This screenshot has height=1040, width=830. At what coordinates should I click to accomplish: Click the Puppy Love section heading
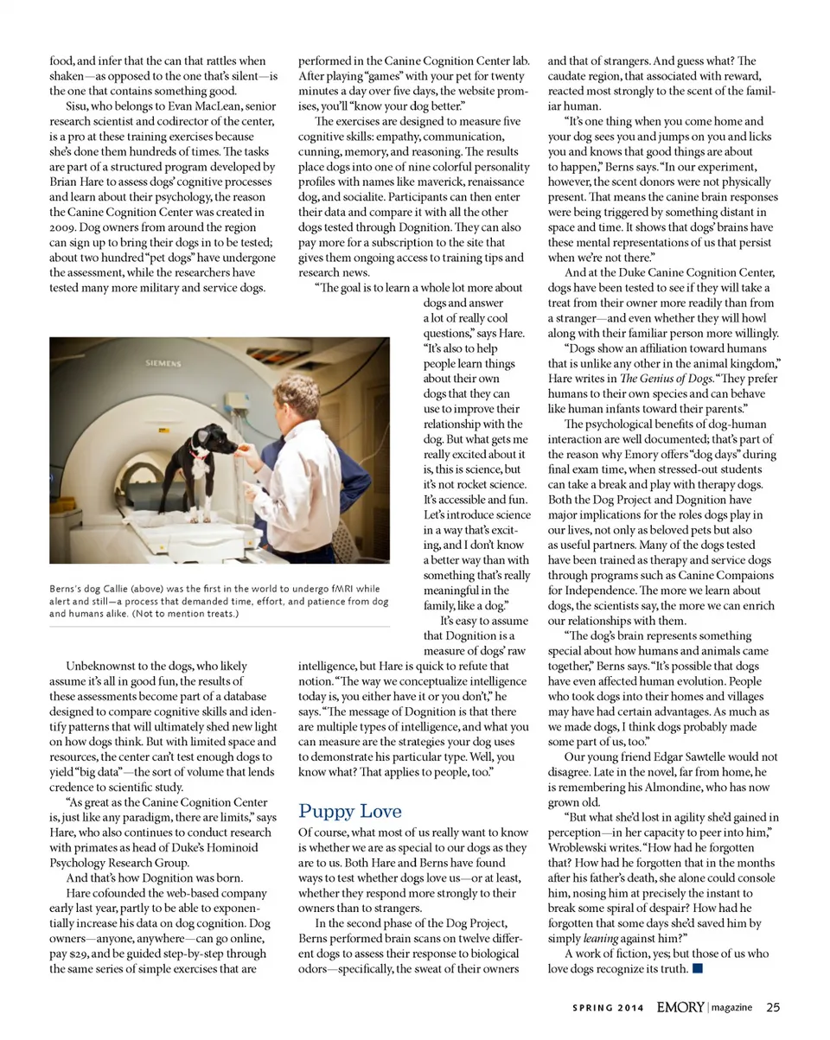pos(350,811)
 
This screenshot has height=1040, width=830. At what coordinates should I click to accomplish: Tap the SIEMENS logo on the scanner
pos(163,364)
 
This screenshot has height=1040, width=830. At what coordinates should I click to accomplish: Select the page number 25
pos(773,1007)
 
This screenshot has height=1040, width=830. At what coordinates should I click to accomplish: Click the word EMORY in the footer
pos(680,1007)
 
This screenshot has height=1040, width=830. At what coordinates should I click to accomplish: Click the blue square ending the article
pos(697,968)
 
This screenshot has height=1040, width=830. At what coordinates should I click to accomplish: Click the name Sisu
pos(79,106)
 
